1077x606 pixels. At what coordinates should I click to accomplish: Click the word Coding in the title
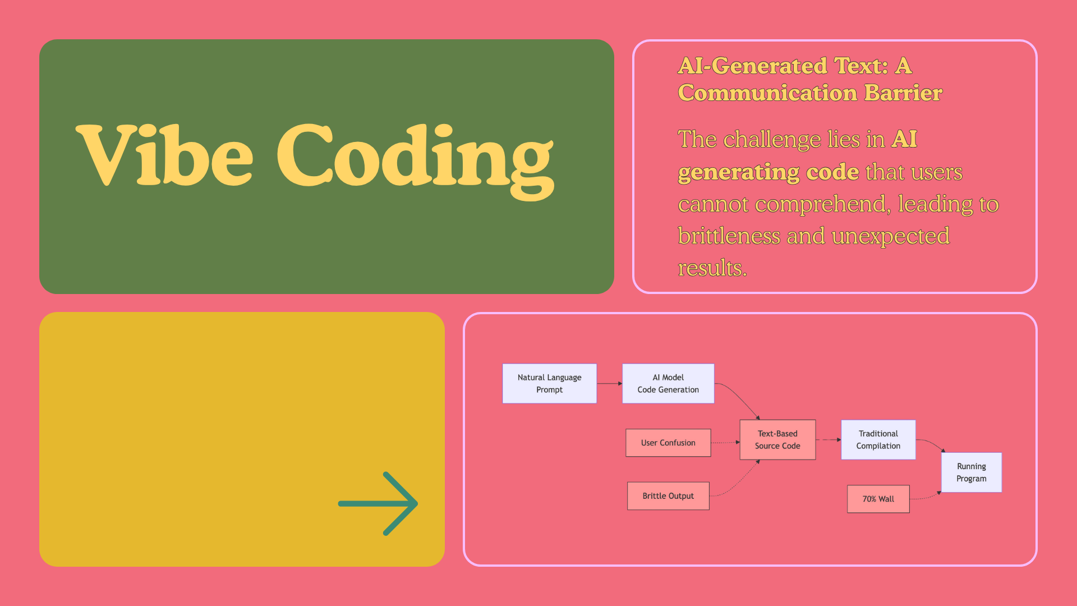(x=415, y=157)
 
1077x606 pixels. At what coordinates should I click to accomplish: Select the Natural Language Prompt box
(x=549, y=383)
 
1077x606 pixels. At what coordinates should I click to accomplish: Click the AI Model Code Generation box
(x=668, y=383)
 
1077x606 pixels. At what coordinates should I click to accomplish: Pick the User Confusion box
(x=668, y=443)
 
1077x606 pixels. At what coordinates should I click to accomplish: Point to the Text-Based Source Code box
(x=777, y=439)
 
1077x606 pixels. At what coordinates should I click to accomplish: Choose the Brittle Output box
(x=668, y=496)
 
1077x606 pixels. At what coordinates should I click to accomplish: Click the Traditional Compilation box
(x=878, y=439)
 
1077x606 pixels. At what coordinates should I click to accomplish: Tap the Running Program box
(x=971, y=472)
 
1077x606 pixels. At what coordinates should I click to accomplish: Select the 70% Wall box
(x=878, y=499)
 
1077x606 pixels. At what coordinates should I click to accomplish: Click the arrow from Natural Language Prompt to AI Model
(x=609, y=383)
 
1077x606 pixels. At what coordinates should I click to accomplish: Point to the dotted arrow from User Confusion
(x=725, y=443)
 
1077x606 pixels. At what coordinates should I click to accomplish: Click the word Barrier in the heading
(x=903, y=93)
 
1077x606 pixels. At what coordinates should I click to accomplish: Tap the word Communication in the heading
(x=767, y=93)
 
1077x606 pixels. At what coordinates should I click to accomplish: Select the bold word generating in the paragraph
(x=738, y=172)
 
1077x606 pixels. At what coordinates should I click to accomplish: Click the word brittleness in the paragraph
(x=729, y=236)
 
